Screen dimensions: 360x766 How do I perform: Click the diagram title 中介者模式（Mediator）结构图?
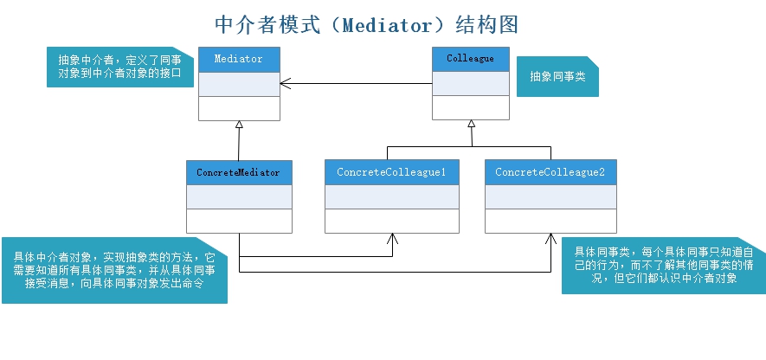367,23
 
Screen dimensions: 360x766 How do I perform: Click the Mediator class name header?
239,59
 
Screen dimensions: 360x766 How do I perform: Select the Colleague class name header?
470,59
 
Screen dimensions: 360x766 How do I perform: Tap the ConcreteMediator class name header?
239,172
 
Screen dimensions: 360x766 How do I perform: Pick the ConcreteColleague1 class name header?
391,172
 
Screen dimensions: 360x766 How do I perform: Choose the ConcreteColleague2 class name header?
550,172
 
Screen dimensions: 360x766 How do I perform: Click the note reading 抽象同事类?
557,77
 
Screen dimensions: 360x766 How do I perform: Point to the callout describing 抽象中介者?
119,67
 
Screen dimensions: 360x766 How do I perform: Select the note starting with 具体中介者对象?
114,270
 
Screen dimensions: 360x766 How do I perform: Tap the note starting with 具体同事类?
663,265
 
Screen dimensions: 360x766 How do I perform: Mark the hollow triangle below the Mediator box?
240,125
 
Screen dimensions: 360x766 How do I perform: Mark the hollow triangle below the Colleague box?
471,125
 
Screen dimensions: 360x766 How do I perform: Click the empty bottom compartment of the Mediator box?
239,108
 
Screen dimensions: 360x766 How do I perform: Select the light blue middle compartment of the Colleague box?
470,83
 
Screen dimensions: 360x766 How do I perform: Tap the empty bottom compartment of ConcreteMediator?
239,221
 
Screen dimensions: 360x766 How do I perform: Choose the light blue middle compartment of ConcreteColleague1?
391,196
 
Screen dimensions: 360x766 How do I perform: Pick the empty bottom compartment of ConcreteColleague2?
550,221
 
